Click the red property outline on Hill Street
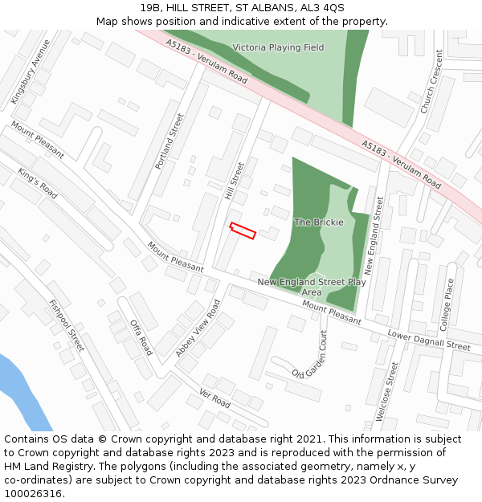243,231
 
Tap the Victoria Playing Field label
278,47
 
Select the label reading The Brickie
319,222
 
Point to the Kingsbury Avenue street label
31,71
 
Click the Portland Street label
170,141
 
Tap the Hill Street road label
234,182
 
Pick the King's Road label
38,184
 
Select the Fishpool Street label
66,325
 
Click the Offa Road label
141,337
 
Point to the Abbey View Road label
198,328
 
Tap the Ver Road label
214,398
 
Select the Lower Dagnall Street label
428,341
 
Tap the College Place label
448,305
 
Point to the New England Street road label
374,233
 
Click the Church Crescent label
431,81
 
